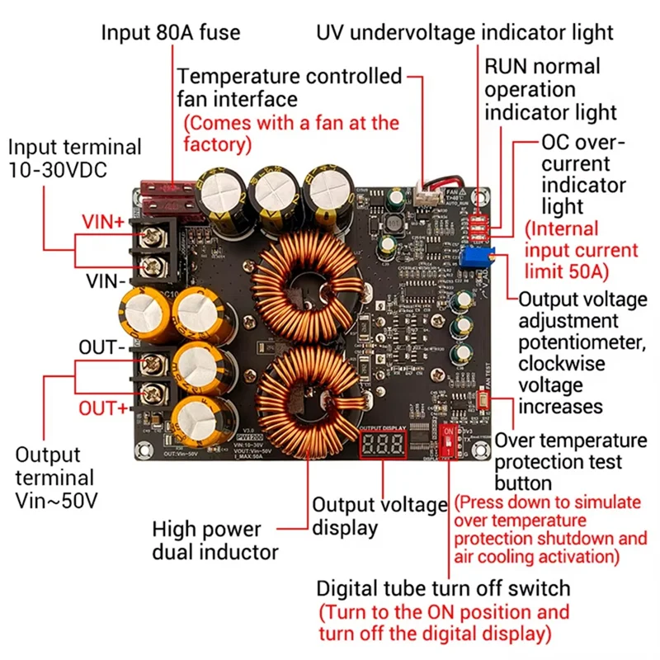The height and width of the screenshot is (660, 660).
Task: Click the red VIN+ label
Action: click(102, 221)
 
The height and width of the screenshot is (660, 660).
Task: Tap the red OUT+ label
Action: click(103, 408)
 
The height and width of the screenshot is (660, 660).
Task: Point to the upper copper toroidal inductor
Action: click(307, 285)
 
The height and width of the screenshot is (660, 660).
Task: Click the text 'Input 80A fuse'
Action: click(171, 33)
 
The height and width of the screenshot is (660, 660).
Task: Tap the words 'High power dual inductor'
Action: click(215, 540)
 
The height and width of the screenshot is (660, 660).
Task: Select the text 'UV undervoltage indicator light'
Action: click(464, 32)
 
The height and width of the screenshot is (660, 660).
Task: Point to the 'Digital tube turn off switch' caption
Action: click(443, 589)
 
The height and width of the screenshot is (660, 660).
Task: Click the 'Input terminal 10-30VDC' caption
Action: click(74, 159)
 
